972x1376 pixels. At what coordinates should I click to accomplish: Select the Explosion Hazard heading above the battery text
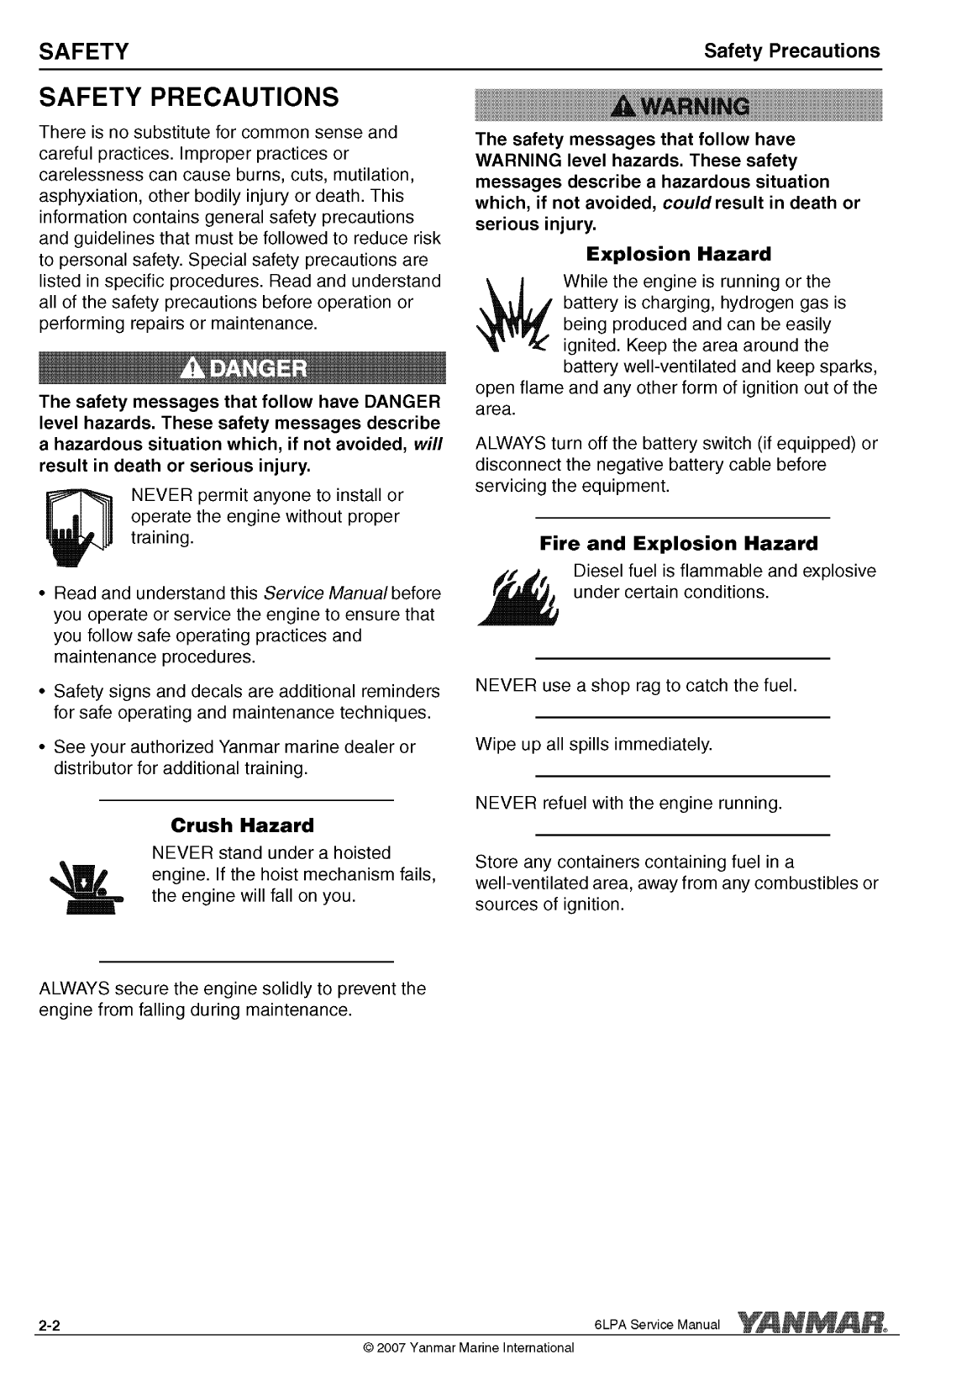coord(677,253)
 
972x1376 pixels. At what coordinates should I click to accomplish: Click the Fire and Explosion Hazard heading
coord(678,543)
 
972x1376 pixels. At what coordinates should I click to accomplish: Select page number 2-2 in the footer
coord(48,1327)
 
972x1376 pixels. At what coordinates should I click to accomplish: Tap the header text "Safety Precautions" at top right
coord(791,50)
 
